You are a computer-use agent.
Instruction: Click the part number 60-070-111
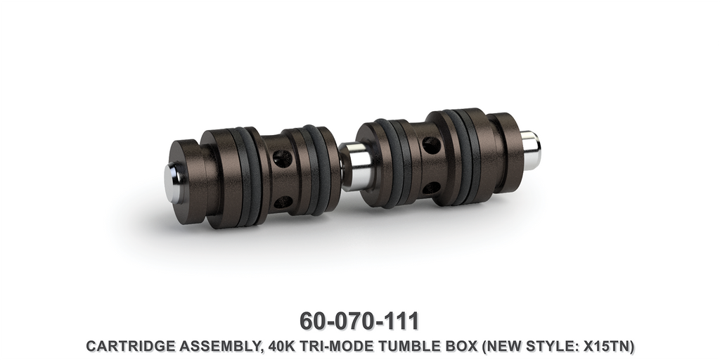359,321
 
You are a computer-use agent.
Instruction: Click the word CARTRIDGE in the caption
120,347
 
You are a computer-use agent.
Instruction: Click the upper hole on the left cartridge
283,159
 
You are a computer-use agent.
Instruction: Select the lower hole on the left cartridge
283,202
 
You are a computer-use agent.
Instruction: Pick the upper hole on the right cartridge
431,146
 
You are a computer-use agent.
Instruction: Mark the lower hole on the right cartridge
431,188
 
